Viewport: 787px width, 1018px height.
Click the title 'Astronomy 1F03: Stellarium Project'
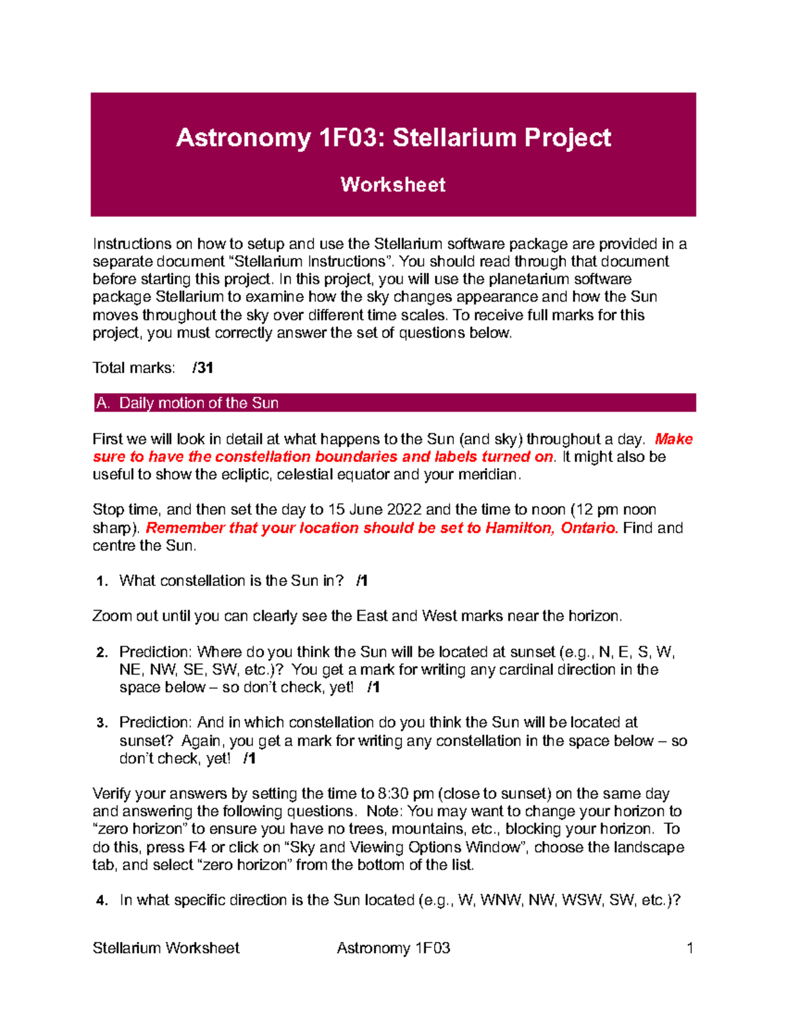(393, 138)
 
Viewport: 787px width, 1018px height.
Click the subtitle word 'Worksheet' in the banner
(393, 185)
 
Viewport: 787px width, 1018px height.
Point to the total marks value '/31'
(203, 368)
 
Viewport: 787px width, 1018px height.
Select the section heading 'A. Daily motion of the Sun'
(187, 403)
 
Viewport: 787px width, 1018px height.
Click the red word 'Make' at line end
(674, 439)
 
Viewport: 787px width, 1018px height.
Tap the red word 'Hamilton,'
(521, 528)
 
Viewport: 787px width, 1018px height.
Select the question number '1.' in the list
(102, 581)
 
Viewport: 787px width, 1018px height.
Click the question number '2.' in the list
(102, 652)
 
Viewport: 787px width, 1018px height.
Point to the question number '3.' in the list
(102, 723)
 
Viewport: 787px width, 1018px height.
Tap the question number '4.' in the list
(102, 901)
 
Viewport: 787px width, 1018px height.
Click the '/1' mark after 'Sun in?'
(361, 581)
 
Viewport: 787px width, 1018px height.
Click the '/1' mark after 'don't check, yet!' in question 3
(249, 758)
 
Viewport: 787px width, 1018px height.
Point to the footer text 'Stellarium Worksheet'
(166, 948)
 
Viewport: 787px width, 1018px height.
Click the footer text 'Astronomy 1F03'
(393, 948)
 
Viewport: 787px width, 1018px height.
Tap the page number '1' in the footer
(689, 948)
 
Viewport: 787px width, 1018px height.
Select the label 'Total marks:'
(134, 368)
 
